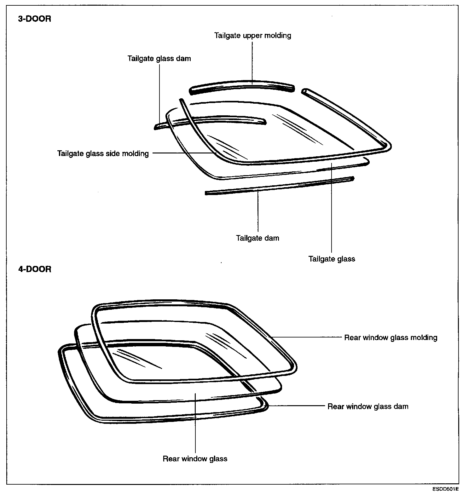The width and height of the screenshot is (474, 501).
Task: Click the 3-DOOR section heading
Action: (x=34, y=19)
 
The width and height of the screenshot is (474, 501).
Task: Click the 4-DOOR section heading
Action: (x=34, y=269)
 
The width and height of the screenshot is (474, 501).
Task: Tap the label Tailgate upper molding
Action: (x=253, y=35)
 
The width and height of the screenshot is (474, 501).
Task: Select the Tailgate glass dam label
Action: (x=159, y=59)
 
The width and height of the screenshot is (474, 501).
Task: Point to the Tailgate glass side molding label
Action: (x=103, y=153)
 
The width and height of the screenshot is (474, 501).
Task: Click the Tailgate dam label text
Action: (x=258, y=238)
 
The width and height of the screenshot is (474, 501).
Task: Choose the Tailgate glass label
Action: (x=332, y=259)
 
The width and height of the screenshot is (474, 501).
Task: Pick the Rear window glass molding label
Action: (x=390, y=338)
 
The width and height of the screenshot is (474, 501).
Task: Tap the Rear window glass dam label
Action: (x=368, y=406)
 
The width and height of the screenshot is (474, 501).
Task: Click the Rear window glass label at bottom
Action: (x=195, y=459)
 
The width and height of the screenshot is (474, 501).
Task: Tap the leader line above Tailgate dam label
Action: (x=258, y=211)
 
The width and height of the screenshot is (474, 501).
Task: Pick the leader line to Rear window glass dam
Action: (x=296, y=406)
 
